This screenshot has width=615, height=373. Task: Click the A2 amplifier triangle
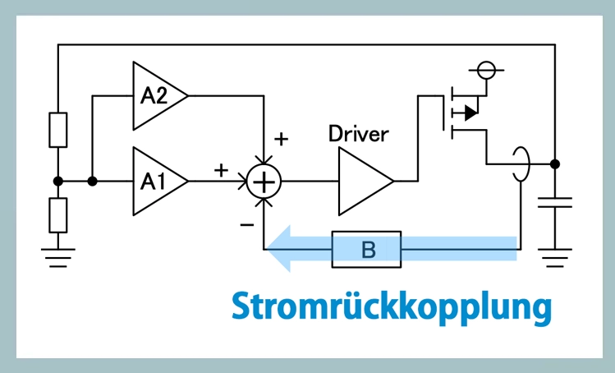[156, 95]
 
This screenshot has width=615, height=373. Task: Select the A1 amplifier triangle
[156, 181]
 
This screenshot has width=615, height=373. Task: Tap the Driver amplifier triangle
[361, 181]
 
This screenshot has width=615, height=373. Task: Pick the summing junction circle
[264, 181]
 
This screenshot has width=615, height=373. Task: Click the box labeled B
[366, 249]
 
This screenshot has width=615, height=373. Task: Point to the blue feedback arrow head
[281, 249]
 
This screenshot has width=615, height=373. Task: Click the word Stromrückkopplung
[391, 306]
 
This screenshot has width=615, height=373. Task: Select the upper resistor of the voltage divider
[58, 130]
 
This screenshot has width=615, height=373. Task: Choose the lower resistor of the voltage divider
[58, 214]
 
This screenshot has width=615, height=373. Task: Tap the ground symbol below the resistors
[58, 256]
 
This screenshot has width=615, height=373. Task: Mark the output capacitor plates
[555, 202]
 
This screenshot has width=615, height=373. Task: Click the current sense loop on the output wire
[519, 164]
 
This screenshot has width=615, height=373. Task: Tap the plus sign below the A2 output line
[281, 139]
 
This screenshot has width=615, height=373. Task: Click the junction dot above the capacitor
[555, 164]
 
